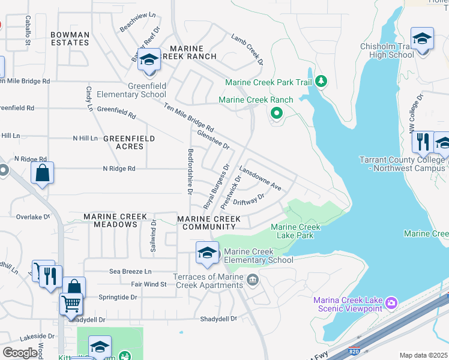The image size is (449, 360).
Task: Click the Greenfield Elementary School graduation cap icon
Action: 149,60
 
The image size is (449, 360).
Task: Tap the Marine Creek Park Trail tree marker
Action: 321,81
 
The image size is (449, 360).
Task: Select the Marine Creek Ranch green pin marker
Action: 276,112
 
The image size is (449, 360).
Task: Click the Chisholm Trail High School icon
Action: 422,39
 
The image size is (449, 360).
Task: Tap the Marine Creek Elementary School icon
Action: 207,253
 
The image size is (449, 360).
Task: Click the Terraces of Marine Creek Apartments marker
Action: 253,280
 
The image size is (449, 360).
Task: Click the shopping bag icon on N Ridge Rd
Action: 43,173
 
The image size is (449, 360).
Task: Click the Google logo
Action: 20,353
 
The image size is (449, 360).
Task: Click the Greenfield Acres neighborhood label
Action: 129,142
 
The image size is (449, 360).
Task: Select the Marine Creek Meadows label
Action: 110,220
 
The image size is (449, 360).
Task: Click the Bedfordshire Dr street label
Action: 190,172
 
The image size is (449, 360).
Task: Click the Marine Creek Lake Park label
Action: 295,231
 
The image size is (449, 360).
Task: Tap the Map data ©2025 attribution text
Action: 423,355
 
